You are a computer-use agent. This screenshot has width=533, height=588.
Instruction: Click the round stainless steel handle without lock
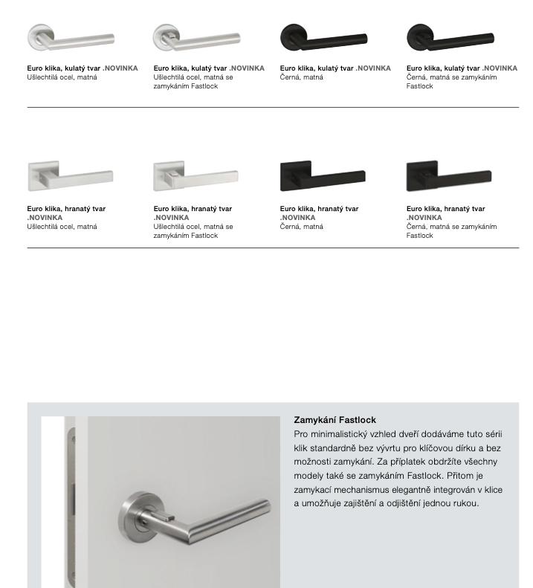click(x=70, y=38)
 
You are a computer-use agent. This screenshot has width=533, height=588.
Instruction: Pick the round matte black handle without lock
click(x=323, y=37)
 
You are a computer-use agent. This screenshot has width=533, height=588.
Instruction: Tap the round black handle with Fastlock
click(x=449, y=37)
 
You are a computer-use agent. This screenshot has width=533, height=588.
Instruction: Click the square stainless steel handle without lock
click(x=70, y=177)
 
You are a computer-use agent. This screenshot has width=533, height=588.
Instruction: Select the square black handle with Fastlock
click(x=449, y=177)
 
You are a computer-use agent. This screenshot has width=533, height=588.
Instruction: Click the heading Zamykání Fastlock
click(x=335, y=420)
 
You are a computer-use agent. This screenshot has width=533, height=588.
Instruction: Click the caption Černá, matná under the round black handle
click(x=302, y=77)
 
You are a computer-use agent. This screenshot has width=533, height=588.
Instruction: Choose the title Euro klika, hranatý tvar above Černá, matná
click(x=319, y=209)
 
